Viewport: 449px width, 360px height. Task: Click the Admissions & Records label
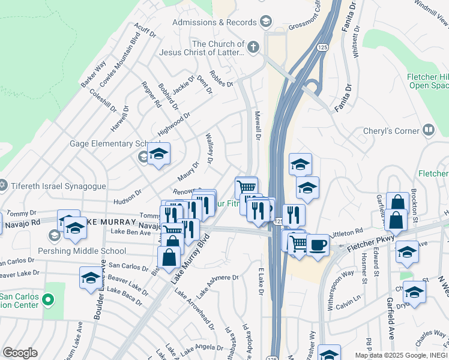[x=214, y=22]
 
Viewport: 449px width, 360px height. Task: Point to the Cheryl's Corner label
[x=391, y=131]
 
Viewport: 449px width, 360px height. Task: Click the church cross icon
[x=253, y=47]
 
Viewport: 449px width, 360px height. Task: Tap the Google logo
[x=20, y=353]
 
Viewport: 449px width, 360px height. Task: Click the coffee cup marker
[x=318, y=244]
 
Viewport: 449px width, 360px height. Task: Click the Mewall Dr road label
[x=258, y=125]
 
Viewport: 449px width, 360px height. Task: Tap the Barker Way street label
[x=94, y=73]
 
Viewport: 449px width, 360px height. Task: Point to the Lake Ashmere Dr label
[x=218, y=285]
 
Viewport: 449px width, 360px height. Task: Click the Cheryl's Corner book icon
[x=428, y=130]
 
